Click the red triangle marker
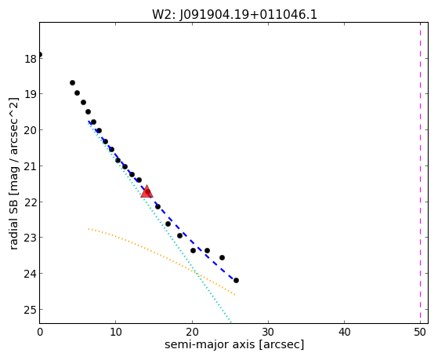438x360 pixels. pos(147,191)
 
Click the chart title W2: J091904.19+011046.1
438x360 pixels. pos(234,14)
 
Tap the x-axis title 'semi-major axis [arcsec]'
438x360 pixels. pos(234,344)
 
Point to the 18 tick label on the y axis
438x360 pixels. pos(31,59)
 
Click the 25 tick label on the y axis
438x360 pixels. pos(31,310)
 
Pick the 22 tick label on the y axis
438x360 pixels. pos(31,202)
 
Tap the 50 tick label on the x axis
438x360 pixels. pos(420,332)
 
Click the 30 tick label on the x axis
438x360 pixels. pos(268,332)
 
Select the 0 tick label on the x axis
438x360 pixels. pos(40,332)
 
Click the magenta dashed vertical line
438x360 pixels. pos(420,173)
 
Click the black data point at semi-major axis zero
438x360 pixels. pos(40,55)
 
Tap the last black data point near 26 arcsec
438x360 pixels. pos(236,280)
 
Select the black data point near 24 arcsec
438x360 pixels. pos(222,257)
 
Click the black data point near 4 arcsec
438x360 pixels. pos(72,83)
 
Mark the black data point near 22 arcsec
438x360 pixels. pos(208,250)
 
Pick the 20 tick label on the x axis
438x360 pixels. pos(192,332)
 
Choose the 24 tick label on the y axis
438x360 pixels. pos(31,274)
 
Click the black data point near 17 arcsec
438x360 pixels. pos(168,224)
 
